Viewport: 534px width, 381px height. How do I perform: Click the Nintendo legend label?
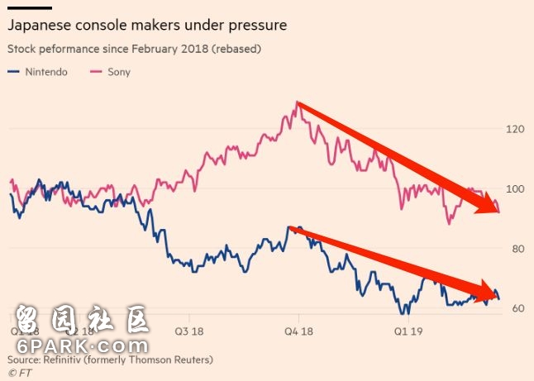[48, 72]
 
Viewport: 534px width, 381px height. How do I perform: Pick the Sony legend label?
[118, 72]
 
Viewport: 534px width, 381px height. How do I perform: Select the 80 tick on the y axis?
[517, 249]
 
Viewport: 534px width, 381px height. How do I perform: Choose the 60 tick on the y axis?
[517, 308]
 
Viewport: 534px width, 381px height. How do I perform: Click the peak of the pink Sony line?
[296, 102]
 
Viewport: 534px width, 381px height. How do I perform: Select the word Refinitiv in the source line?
[59, 360]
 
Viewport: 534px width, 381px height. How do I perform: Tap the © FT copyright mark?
[17, 374]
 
